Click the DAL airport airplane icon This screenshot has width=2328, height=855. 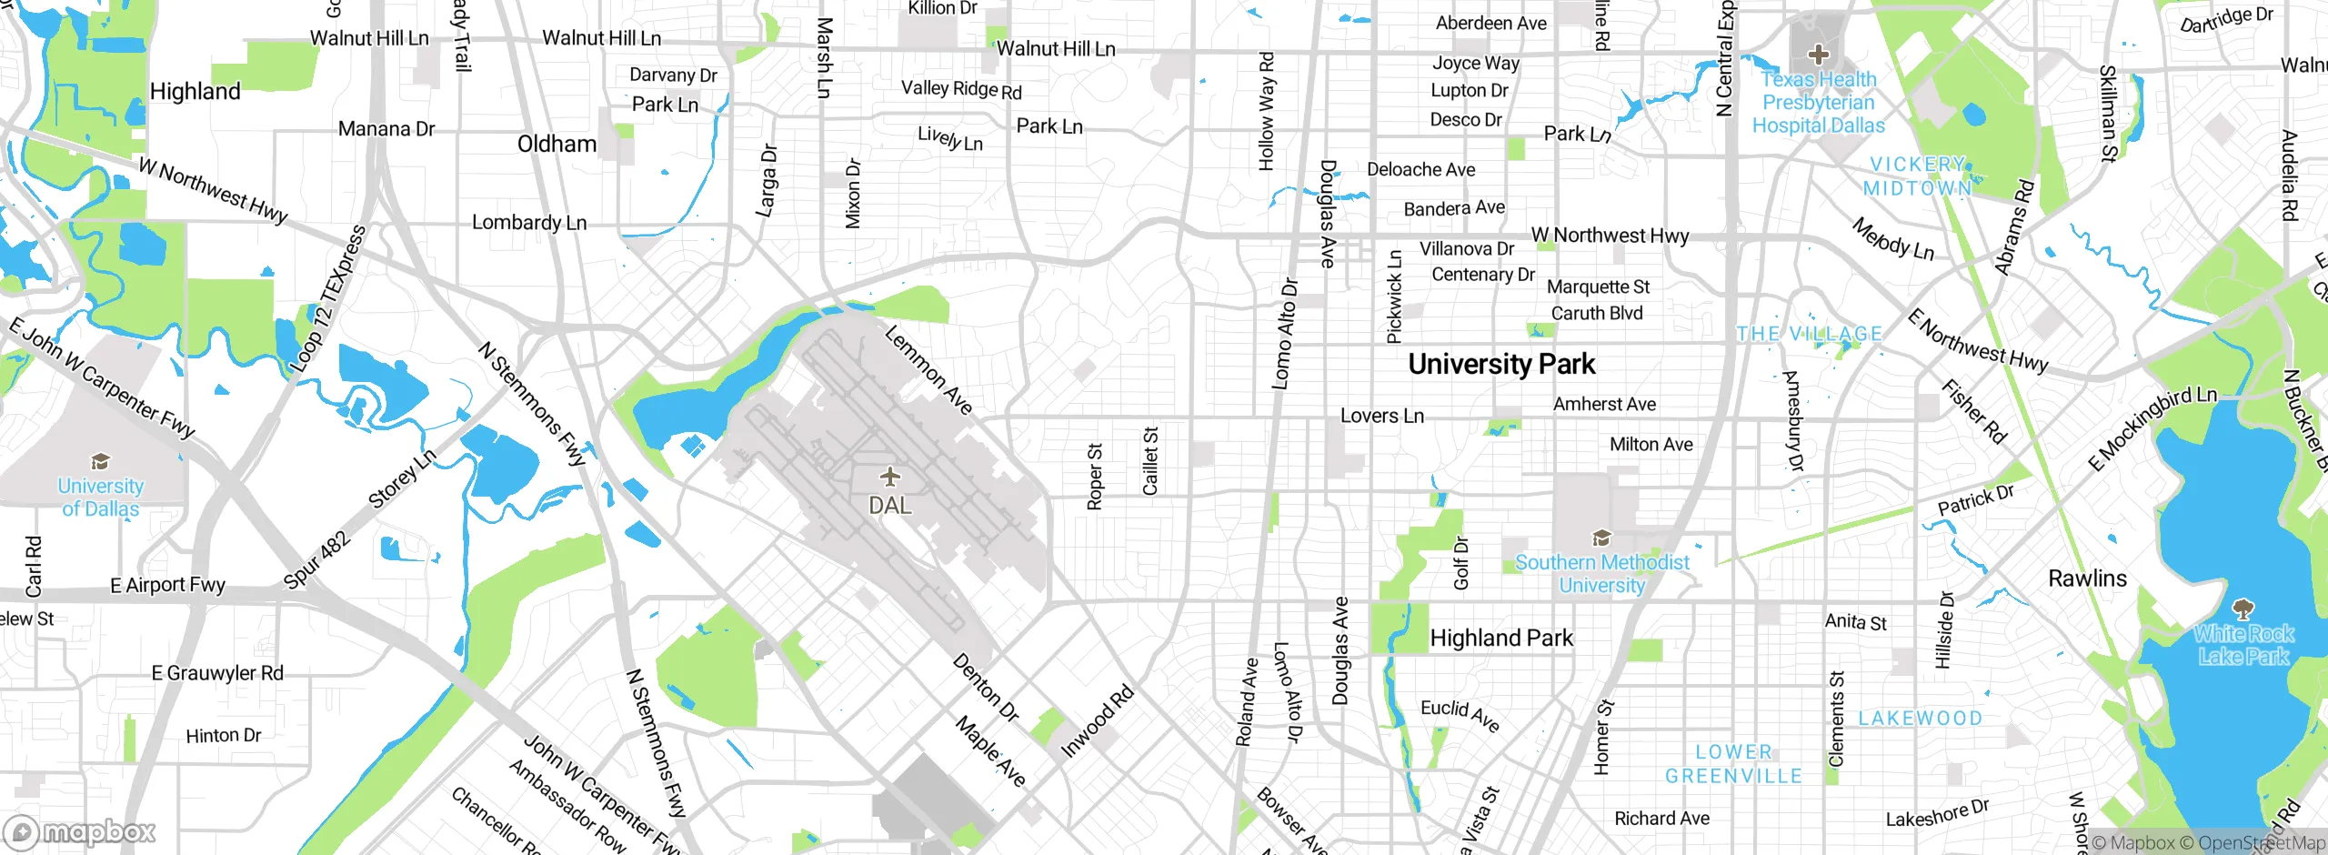tap(889, 477)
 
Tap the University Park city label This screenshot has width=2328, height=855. tap(1501, 365)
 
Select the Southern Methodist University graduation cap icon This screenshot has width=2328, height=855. tap(1601, 538)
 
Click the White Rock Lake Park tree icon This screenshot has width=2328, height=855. tap(2243, 608)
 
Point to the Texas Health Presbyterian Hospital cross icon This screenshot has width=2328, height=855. tap(1818, 55)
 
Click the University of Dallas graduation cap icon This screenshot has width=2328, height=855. tap(100, 462)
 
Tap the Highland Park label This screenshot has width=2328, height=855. tap(1501, 639)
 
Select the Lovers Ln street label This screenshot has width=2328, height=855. tap(1382, 417)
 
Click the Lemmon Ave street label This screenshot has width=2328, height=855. tap(928, 370)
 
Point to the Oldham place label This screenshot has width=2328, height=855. tap(557, 145)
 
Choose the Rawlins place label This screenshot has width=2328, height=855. tap(2087, 578)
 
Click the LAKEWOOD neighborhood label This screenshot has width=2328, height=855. tap(1920, 719)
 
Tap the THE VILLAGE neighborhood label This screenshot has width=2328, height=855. tap(1809, 334)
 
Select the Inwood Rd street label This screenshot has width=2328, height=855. tap(1098, 721)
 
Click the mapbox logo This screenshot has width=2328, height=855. tap(80, 831)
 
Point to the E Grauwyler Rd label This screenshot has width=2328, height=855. tap(217, 673)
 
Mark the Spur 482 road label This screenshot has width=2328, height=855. tap(316, 560)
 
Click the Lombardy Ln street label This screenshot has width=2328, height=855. tap(529, 223)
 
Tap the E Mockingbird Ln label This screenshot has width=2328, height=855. tap(2152, 428)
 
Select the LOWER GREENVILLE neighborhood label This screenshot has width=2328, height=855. tap(1733, 764)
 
